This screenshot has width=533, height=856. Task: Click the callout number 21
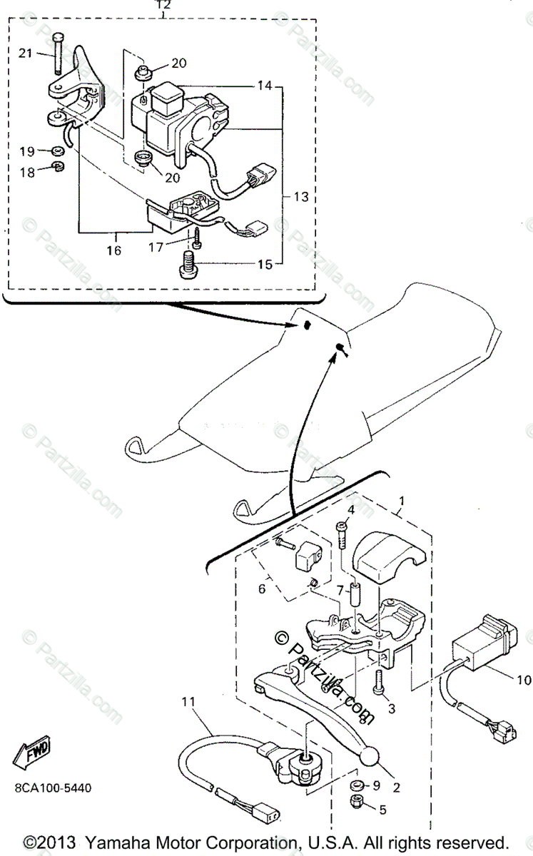point(26,53)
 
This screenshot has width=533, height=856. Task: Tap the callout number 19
point(26,151)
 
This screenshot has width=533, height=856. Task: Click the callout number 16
point(114,250)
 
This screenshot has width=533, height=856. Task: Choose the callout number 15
point(265,265)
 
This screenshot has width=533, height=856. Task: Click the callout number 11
point(188,702)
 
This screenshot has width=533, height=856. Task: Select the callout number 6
point(261,589)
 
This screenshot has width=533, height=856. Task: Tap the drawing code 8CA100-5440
point(51,788)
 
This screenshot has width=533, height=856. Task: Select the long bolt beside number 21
point(56,54)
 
